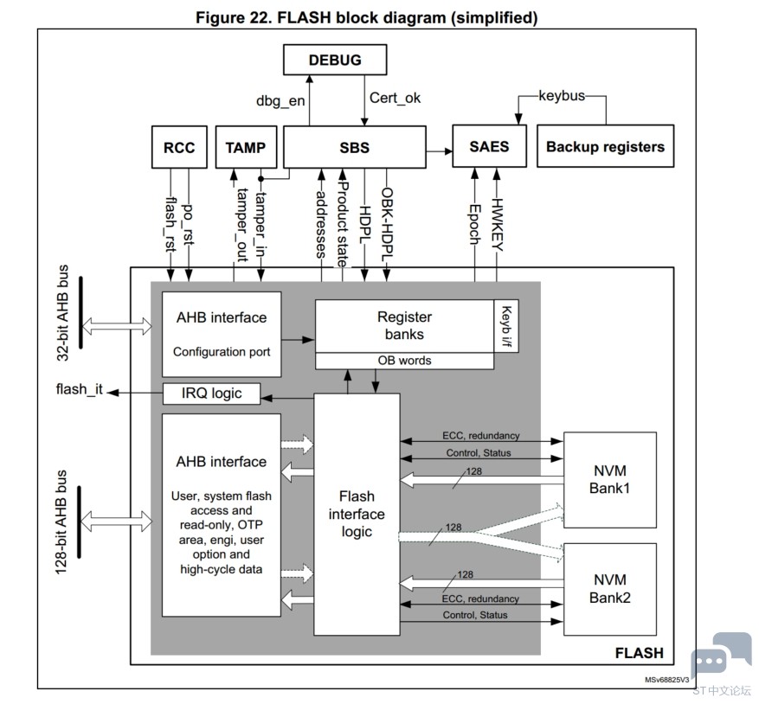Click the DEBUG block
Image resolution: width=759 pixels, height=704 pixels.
point(335,60)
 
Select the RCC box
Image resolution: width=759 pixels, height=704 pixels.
point(179,147)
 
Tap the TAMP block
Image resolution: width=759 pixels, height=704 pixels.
point(246,147)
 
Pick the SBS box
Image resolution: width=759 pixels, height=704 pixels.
point(354,147)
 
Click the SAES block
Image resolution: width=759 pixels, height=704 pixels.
point(489,146)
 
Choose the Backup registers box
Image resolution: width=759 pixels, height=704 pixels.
point(606,146)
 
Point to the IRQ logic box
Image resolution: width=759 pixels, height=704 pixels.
point(211,394)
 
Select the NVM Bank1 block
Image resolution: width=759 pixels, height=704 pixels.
point(610,479)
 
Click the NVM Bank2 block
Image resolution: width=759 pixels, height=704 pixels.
point(610,589)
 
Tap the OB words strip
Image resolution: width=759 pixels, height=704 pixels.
point(405,361)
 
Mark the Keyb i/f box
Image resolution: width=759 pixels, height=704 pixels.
point(506,326)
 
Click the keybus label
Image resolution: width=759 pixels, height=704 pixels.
point(562,96)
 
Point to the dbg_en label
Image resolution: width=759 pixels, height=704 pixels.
point(280,100)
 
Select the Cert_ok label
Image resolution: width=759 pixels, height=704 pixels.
point(395,98)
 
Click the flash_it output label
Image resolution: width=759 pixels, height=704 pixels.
point(80,389)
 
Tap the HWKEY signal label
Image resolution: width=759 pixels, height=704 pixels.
point(497,225)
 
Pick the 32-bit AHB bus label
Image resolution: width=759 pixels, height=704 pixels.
point(63,312)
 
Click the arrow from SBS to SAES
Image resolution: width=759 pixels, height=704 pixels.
point(440,151)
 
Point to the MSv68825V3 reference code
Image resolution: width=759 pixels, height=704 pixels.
point(666,680)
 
